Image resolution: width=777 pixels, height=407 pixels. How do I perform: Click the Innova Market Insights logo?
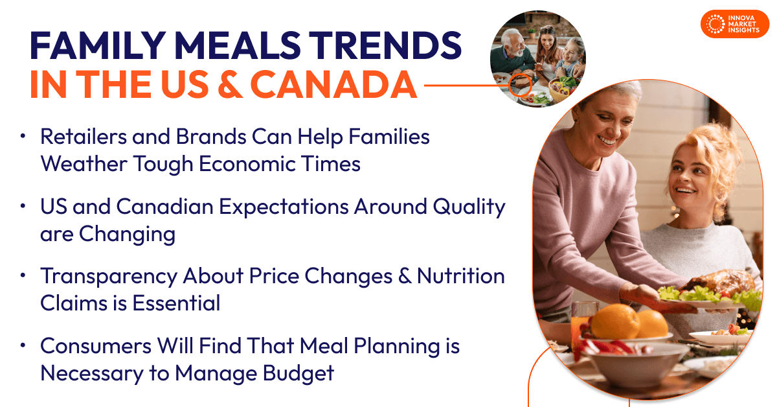[x=734, y=24]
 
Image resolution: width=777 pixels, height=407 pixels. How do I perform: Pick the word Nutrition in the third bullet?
[x=460, y=276]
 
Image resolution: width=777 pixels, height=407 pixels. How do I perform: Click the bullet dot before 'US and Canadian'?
[x=24, y=207]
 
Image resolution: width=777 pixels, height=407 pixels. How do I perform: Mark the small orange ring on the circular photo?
[x=519, y=85]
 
